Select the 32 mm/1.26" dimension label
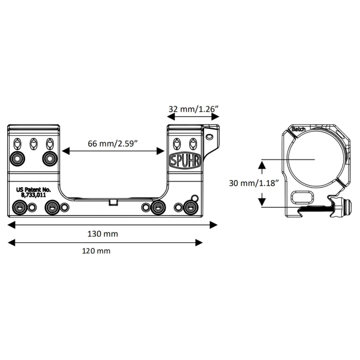[194, 109]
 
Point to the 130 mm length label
[103, 233]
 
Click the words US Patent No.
[34, 190]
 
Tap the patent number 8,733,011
[34, 196]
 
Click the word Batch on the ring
[298, 129]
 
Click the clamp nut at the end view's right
[348, 208]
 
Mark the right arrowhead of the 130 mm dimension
[214, 224]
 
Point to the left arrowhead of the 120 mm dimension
[10, 242]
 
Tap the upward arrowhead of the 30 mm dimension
[262, 165]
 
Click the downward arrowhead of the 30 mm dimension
[262, 202]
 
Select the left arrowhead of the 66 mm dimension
[65, 151]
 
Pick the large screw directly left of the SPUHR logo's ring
[50, 157]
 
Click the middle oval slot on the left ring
[34, 142]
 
